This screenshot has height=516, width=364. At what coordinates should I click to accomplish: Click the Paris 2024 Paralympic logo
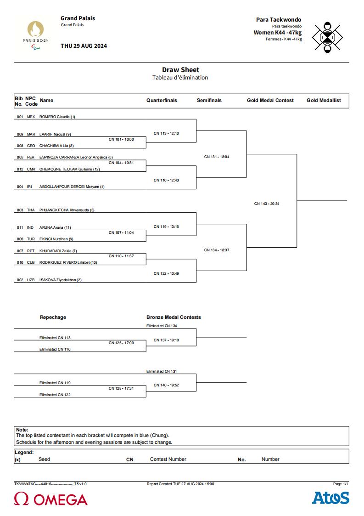[x=35, y=35]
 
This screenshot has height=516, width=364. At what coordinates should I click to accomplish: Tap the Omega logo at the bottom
[x=50, y=499]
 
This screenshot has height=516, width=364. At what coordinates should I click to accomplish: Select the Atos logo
[x=330, y=498]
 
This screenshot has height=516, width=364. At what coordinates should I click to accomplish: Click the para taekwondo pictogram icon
[x=327, y=37]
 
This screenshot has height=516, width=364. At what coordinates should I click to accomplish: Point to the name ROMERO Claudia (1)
[x=57, y=117]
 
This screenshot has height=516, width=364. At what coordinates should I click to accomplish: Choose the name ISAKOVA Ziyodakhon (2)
[x=61, y=280]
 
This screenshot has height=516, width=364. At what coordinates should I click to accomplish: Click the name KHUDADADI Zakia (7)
[x=58, y=251]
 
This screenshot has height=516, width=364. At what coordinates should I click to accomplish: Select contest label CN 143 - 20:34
[x=267, y=204]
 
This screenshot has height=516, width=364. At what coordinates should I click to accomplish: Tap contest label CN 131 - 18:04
[x=217, y=157]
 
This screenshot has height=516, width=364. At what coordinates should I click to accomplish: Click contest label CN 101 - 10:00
[x=121, y=139]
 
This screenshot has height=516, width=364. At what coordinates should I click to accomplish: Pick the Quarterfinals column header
[x=162, y=100]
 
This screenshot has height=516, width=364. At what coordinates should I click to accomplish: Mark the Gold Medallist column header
[x=324, y=100]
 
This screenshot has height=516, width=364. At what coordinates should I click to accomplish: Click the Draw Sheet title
[x=180, y=70]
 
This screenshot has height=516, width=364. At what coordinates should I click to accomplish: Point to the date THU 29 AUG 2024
[x=84, y=46]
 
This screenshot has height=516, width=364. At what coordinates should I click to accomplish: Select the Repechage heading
[x=53, y=317]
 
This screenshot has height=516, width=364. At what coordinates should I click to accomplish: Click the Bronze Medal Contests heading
[x=174, y=317]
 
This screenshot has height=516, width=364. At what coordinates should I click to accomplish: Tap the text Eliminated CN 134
[x=162, y=326]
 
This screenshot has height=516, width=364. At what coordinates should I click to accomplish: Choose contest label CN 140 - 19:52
[x=166, y=385]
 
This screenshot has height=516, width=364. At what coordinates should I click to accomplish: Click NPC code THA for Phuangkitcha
[x=31, y=210]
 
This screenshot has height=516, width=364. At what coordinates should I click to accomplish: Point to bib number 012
[x=20, y=169]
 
